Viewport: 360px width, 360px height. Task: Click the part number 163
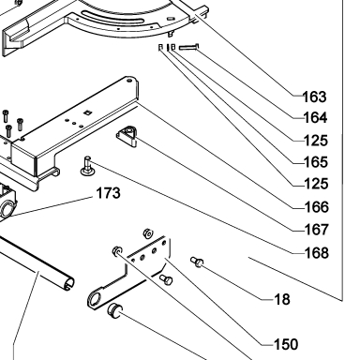pos(315,97)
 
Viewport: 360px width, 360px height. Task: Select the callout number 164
pos(315,118)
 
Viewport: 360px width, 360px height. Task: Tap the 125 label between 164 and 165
pos(316,141)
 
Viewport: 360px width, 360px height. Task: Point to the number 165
pos(316,162)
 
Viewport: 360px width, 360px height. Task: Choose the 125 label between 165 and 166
pos(316,184)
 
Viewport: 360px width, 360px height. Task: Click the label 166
pos(317,207)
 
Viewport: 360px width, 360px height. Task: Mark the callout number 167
pos(317,230)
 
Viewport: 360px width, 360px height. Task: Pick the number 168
pos(317,253)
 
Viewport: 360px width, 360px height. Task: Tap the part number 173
pos(108,193)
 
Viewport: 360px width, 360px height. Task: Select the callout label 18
pos(282,299)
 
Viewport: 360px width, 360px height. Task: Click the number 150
pos(286,344)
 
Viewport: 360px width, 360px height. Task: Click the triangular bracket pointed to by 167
pos(127,136)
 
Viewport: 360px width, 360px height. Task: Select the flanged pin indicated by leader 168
pos(87,167)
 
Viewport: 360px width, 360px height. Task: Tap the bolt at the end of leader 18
pos(197,262)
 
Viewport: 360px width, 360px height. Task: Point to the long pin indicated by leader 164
pos(188,47)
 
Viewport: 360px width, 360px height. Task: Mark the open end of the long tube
pos(69,283)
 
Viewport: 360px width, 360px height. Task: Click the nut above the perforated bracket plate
pos(147,233)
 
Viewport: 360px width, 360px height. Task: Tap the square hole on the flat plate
pos(88,112)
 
